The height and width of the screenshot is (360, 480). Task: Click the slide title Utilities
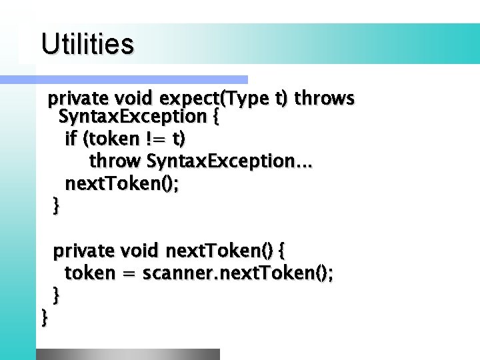click(x=87, y=45)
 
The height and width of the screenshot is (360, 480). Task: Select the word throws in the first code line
click(x=324, y=99)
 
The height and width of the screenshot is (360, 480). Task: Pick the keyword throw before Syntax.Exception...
click(x=115, y=161)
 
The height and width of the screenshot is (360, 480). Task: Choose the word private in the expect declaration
click(x=78, y=99)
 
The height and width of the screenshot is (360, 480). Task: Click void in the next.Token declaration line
click(x=139, y=251)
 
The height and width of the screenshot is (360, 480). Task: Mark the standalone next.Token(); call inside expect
click(x=121, y=184)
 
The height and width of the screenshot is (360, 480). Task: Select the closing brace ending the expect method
click(x=56, y=206)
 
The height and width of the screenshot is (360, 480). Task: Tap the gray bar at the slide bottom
click(x=127, y=354)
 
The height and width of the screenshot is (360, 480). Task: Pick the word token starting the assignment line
click(x=89, y=273)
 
